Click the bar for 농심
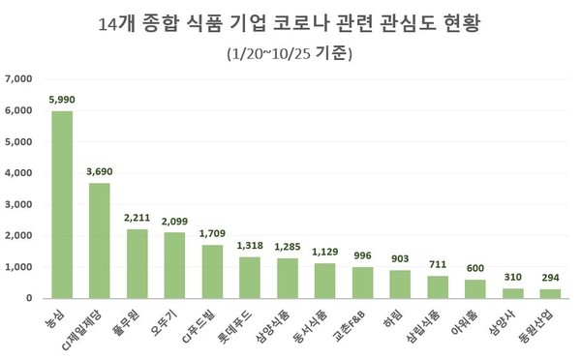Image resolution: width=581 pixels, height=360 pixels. tap(62, 204)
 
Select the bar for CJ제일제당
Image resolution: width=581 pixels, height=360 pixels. tap(99, 240)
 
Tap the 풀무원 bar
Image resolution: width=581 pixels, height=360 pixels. tap(137, 263)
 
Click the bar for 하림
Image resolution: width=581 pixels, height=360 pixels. tap(399, 284)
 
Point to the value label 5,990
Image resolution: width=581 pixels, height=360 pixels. tap(62, 99)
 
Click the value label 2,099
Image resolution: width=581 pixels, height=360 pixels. tap(174, 221)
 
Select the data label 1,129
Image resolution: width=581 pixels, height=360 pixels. tap(324, 252)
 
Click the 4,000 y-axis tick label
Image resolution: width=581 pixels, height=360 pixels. tap(19, 173)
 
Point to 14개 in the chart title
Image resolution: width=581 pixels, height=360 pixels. tap(119, 21)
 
